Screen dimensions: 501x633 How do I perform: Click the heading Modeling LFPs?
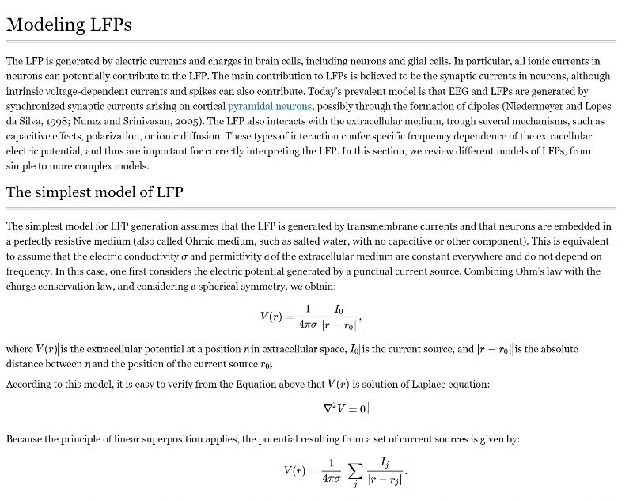click(69, 25)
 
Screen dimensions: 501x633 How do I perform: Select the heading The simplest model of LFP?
click(95, 192)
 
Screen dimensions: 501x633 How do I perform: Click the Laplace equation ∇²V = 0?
click(346, 409)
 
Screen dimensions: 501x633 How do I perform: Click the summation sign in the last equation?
click(356, 473)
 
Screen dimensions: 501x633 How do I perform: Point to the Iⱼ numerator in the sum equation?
click(385, 461)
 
